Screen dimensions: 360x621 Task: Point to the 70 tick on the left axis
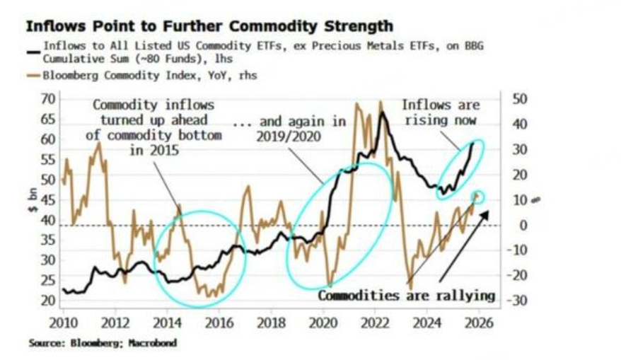tap(48, 98)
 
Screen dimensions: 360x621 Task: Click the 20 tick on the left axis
tap(48, 301)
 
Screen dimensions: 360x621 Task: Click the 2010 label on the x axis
tap(64, 323)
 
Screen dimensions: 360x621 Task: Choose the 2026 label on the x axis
tap(479, 323)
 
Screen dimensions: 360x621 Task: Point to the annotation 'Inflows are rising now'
tap(440, 112)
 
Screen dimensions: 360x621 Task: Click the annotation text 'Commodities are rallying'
tap(406, 296)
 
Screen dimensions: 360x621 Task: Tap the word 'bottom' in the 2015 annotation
tap(202, 135)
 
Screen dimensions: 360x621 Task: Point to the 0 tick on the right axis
tap(521, 226)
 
